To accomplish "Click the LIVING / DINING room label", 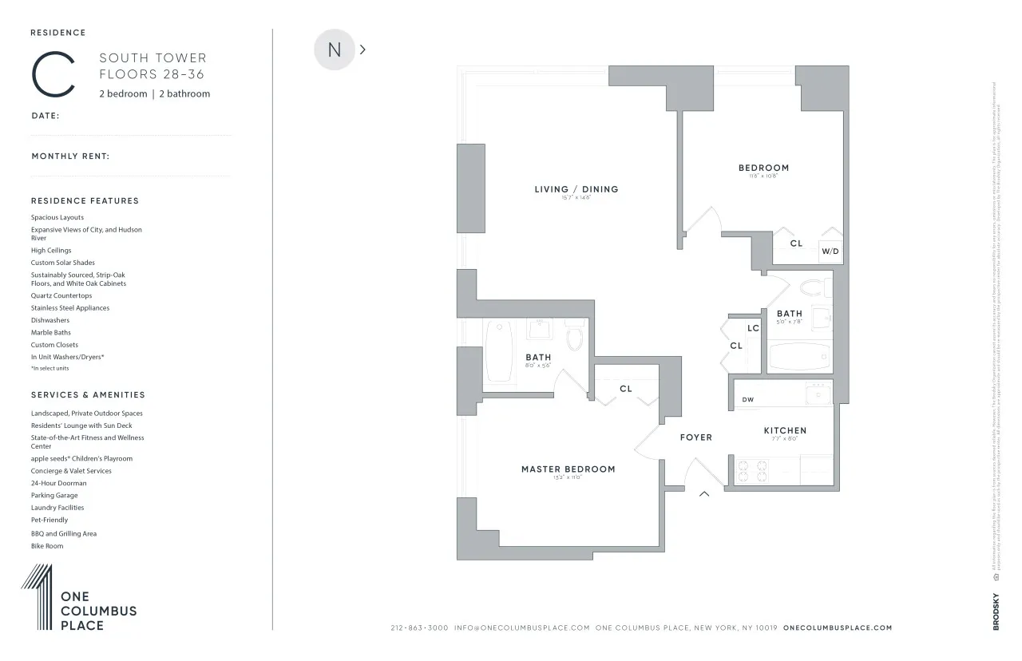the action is pyautogui.click(x=576, y=189).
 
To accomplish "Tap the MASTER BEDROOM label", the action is pyautogui.click(x=568, y=469).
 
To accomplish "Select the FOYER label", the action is pyautogui.click(x=695, y=437).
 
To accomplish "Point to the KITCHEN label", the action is pyautogui.click(x=785, y=430).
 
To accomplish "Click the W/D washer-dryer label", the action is pyautogui.click(x=830, y=251).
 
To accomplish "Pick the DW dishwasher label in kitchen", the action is pyautogui.click(x=747, y=400).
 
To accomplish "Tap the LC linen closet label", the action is pyautogui.click(x=753, y=328).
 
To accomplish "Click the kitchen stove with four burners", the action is pyautogui.click(x=751, y=471).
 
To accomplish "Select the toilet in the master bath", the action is pyautogui.click(x=574, y=338).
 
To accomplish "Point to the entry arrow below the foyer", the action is pyautogui.click(x=704, y=494).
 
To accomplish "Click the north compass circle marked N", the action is pyautogui.click(x=334, y=49).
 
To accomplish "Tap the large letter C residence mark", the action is pyautogui.click(x=53, y=75).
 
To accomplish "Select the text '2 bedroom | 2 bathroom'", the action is pyautogui.click(x=154, y=93).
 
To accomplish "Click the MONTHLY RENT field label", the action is pyautogui.click(x=70, y=156).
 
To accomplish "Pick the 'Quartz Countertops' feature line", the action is pyautogui.click(x=61, y=295).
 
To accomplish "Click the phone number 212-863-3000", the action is pyautogui.click(x=419, y=628).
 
